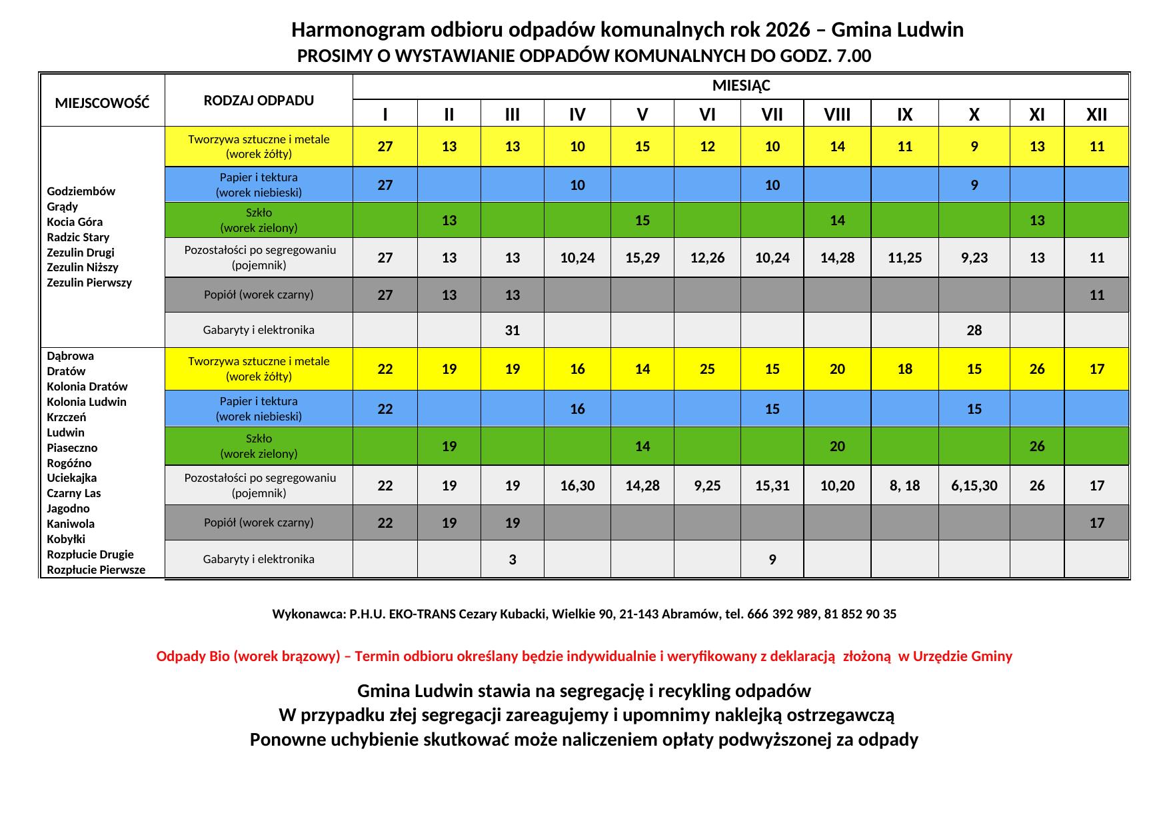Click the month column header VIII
coord(837,115)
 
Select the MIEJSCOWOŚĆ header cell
coord(102,103)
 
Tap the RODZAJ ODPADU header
coord(259,101)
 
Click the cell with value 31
coord(512,331)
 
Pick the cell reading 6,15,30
coord(974,486)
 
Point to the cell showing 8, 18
coord(904,486)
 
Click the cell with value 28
coord(974,331)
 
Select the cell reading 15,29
coord(642,258)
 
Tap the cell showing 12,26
coord(707,258)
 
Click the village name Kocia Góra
coord(75,222)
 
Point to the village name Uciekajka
coord(72,478)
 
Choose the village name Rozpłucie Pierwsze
coord(96,570)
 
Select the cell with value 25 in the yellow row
coord(707,369)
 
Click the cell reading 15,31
coord(772,486)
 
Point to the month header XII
coord(1096,115)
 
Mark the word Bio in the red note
coord(219,656)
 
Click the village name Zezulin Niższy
coord(83,267)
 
